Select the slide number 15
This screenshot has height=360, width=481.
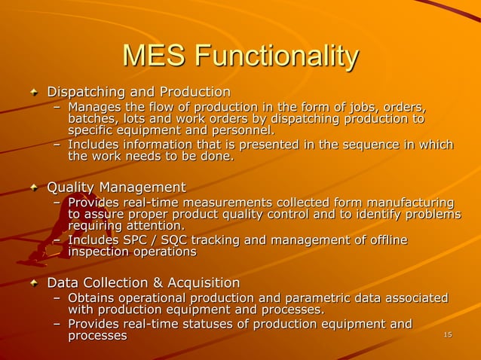(x=448, y=334)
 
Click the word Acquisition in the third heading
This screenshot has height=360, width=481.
(x=203, y=283)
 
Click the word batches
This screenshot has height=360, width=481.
(x=93, y=118)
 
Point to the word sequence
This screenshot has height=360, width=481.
(x=372, y=145)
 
